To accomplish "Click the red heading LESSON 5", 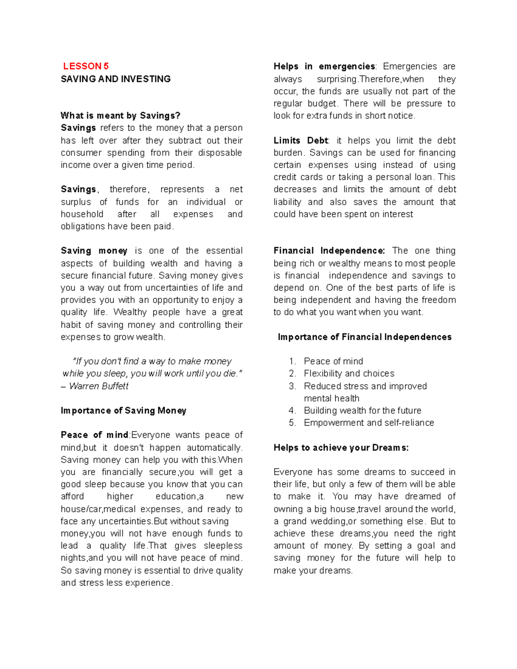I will pos(86,66).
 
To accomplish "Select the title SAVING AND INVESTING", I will pos(115,79).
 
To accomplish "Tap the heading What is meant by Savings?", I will pos(120,115).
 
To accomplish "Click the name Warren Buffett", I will pos(99,386).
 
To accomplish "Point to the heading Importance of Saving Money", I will pos(123,411).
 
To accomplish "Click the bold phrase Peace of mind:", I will pos(95,435).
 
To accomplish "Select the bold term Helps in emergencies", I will pos(324,66).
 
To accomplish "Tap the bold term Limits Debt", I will pos(301,140).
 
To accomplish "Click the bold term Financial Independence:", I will pos(329,251).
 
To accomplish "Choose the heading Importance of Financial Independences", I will pos(364,337).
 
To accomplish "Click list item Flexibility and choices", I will pos(349,373).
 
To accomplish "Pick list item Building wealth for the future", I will pos(362,411).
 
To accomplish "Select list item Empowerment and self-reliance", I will pos(369,423).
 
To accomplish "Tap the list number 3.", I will pos(293,386).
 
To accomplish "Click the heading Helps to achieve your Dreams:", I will pos(341,448).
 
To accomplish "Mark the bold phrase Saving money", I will pos(94,251).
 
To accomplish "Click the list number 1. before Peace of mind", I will pos(293,361).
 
